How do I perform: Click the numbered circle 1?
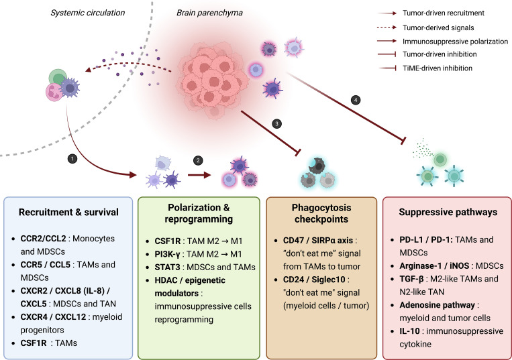coord(72,159)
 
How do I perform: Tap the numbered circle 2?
coord(198,160)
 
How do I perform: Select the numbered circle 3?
coord(276,123)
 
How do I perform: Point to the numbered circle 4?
coord(356,100)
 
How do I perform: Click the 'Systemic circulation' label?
coord(87,13)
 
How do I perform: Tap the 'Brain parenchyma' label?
coord(209,13)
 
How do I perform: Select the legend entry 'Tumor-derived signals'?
coord(438,27)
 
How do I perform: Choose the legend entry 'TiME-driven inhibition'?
coord(438,68)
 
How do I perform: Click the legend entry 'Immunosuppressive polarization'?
coord(455,42)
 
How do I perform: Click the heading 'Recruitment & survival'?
coord(68,213)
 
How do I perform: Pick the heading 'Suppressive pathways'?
coord(448,213)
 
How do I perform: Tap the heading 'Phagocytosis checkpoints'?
coord(321,213)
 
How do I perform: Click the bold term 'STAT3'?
coord(167,267)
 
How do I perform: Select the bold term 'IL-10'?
coord(409,331)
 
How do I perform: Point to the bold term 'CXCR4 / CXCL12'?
coord(53,316)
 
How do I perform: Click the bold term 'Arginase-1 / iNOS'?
coord(435,265)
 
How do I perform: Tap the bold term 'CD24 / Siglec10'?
coord(314,280)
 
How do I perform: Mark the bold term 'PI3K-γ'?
coord(167,254)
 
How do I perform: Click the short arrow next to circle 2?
coord(199,175)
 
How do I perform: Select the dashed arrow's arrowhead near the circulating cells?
coord(88,70)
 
